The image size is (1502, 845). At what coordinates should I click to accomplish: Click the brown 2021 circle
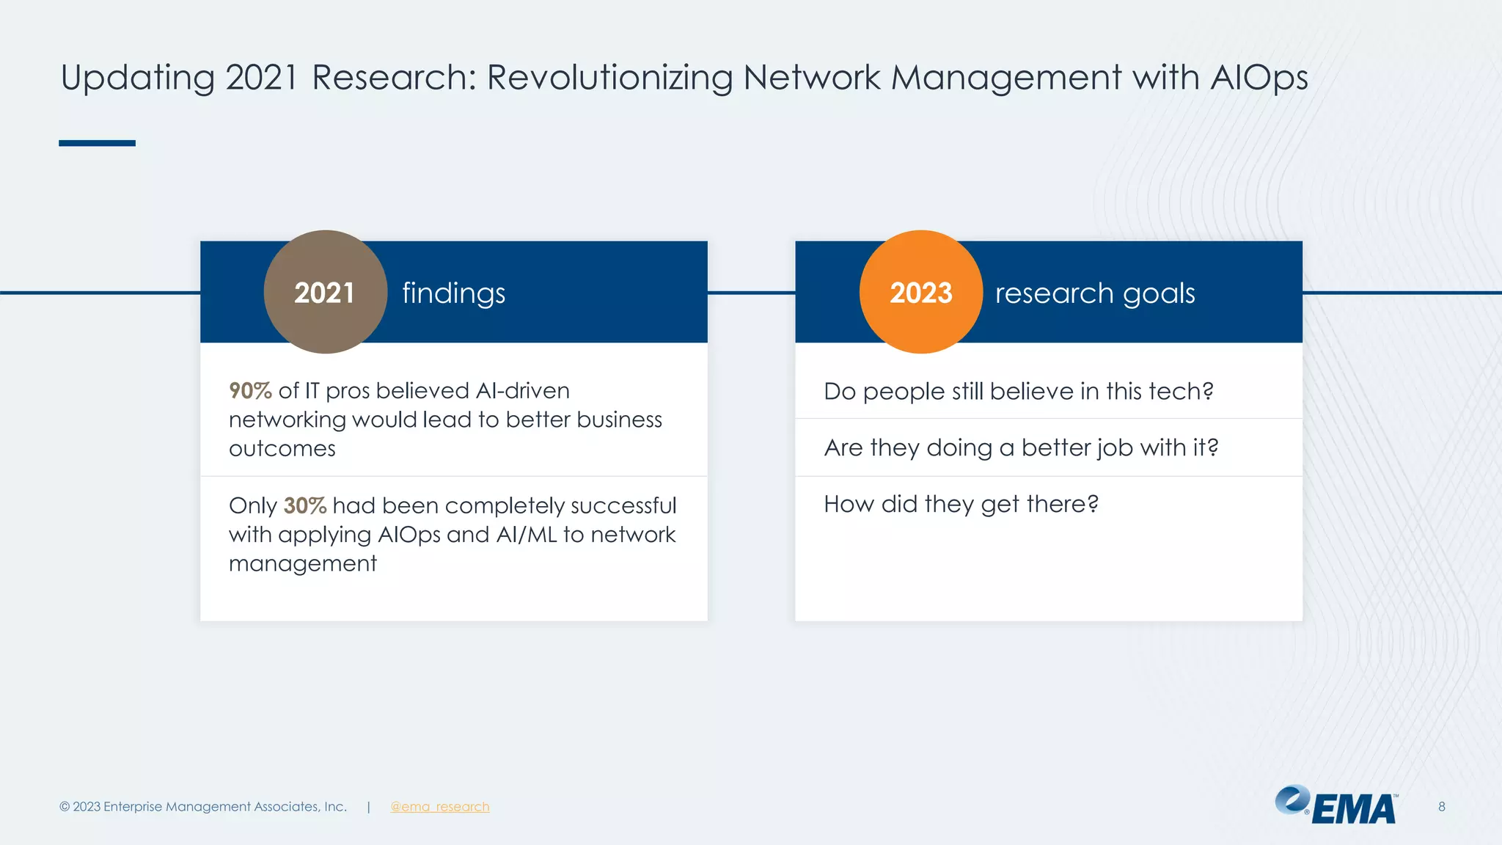pyautogui.click(x=325, y=292)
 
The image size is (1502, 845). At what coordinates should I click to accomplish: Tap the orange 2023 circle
pyautogui.click(x=920, y=292)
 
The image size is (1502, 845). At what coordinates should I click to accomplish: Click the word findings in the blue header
pyautogui.click(x=453, y=293)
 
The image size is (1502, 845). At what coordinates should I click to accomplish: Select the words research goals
pyautogui.click(x=1094, y=293)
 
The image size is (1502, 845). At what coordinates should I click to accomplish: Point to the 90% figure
pyautogui.click(x=250, y=390)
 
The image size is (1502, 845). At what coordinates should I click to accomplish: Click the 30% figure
pyautogui.click(x=304, y=505)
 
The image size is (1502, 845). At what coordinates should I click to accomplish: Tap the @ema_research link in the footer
pyautogui.click(x=439, y=806)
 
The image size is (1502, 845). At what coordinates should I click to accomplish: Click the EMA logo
pyautogui.click(x=1336, y=805)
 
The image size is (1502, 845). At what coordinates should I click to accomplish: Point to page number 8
pyautogui.click(x=1441, y=806)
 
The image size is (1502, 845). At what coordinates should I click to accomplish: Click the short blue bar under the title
pyautogui.click(x=97, y=143)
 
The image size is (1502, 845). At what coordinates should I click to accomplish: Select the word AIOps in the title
pyautogui.click(x=1259, y=78)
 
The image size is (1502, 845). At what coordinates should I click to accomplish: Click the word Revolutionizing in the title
pyautogui.click(x=609, y=78)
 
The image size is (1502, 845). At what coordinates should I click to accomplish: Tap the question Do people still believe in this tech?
pyautogui.click(x=1018, y=391)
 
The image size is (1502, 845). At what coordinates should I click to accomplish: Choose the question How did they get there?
pyautogui.click(x=961, y=504)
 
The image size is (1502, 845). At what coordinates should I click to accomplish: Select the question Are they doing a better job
pyautogui.click(x=1020, y=447)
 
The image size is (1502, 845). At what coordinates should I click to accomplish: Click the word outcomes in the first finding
pyautogui.click(x=282, y=448)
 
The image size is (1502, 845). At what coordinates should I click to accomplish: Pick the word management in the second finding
pyautogui.click(x=302, y=563)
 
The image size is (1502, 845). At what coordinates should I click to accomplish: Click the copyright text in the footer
pyautogui.click(x=202, y=806)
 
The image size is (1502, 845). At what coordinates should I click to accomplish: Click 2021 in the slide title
pyautogui.click(x=260, y=78)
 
